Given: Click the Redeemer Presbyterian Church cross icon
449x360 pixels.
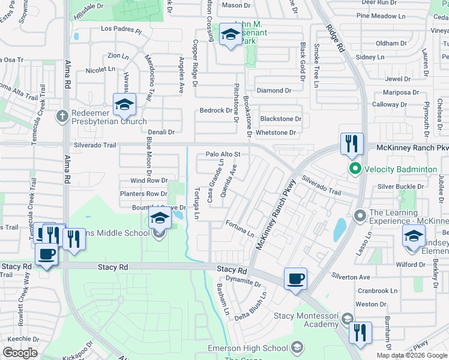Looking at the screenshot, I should point(61,116).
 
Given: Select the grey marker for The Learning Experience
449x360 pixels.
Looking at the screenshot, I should point(360,214).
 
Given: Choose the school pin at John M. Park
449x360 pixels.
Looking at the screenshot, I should point(230,35).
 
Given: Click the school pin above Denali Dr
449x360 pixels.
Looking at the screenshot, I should point(124,105).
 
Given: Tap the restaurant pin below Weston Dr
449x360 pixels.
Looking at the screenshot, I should point(360,333).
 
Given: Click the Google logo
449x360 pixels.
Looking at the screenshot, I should point(20,353).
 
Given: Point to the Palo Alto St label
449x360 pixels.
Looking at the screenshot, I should point(223,154).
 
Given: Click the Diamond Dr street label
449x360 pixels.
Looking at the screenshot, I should point(274,91).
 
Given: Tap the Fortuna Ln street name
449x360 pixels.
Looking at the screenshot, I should point(240,228).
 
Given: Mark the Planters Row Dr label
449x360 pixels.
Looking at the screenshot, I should point(143,194).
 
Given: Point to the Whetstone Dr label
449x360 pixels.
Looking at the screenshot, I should point(276,133).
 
